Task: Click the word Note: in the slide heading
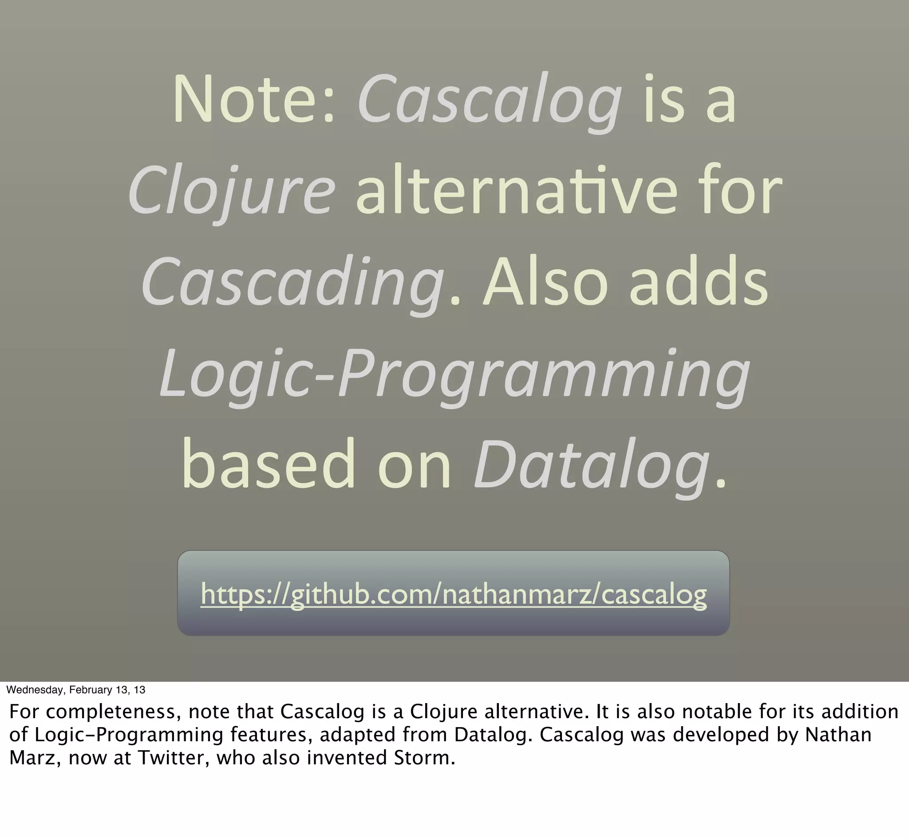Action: point(254,100)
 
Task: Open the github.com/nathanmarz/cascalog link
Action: point(454,593)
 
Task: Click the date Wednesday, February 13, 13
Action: point(76,690)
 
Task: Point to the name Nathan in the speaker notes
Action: point(838,735)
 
